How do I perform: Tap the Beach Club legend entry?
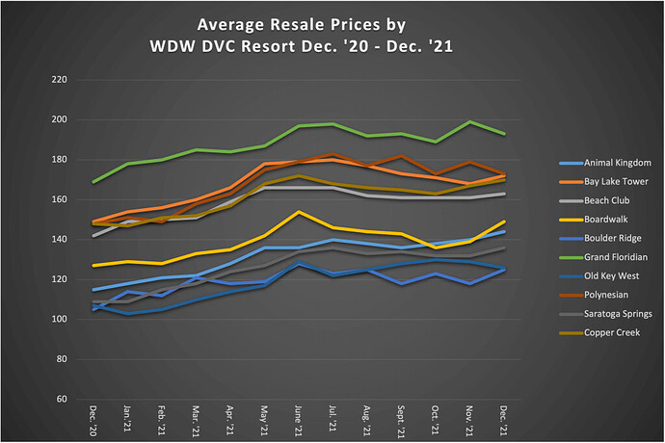coord(592,200)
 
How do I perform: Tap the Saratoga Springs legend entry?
coord(601,313)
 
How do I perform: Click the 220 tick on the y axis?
coord(60,80)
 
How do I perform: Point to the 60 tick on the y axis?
coord(63,399)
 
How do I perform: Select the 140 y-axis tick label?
coord(60,240)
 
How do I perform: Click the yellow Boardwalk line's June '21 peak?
coord(300,211)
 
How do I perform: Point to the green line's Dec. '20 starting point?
coord(93,181)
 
